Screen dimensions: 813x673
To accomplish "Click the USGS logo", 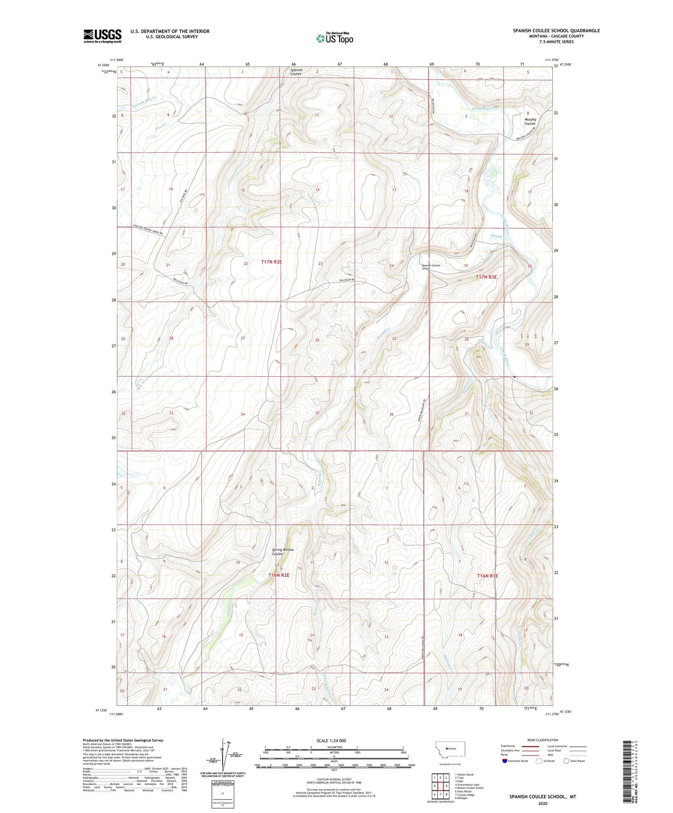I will [x=102, y=35].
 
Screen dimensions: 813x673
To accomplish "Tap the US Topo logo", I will [x=334, y=38].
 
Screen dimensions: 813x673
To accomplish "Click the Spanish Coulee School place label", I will [x=431, y=267].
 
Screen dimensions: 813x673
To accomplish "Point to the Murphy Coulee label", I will [x=530, y=121].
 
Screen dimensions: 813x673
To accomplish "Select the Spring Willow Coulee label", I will [x=283, y=551].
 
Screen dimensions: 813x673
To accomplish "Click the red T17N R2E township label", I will [x=271, y=262].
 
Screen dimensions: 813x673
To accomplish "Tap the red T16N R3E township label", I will [x=487, y=576].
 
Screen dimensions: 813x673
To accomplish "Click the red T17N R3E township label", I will [x=486, y=277].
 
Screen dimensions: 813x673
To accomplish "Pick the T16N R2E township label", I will [x=279, y=575].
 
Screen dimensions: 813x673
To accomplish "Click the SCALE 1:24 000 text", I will [x=331, y=740].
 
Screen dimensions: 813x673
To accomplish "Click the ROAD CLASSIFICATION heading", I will [x=543, y=740].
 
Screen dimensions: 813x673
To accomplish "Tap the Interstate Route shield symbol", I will [x=505, y=761].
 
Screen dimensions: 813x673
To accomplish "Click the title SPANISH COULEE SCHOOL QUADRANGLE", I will [x=556, y=31].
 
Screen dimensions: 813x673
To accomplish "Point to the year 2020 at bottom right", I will [x=543, y=803].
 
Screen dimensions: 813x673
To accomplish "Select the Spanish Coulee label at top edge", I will [x=296, y=72].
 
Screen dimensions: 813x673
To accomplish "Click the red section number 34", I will [x=243, y=414].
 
